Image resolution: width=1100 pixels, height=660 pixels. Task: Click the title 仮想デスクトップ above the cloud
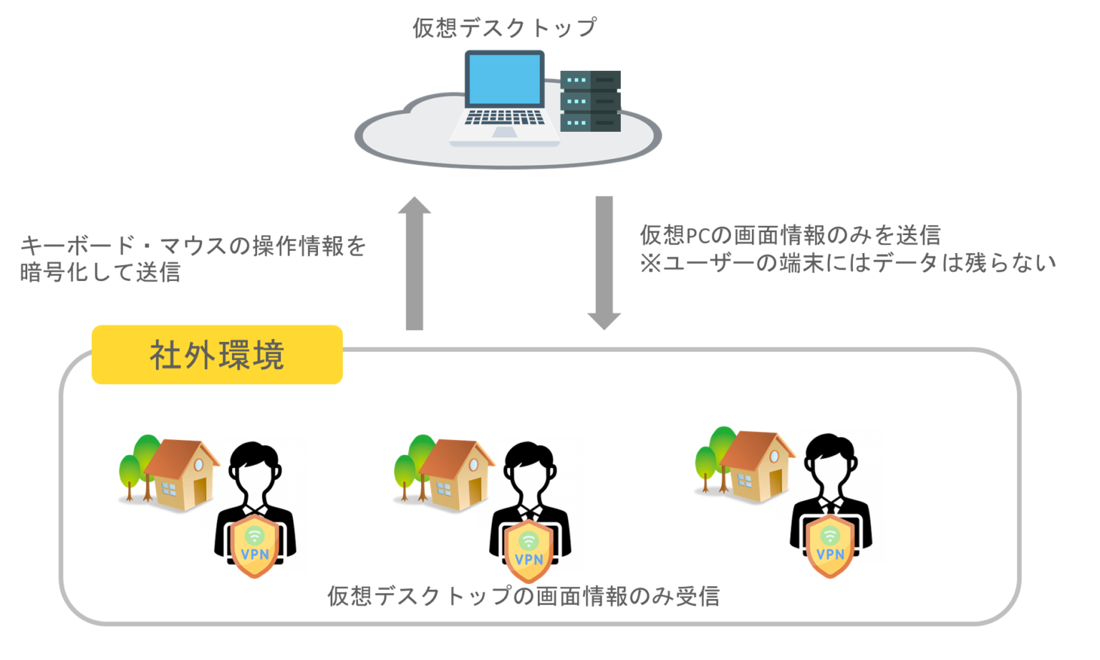click(504, 28)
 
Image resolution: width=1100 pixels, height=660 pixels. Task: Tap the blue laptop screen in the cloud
click(504, 78)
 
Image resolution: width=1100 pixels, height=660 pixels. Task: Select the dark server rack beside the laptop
click(590, 101)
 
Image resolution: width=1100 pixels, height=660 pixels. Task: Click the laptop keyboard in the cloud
click(504, 118)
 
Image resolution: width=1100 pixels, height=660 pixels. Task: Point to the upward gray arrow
click(414, 265)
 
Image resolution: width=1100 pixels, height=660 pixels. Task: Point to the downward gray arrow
click(604, 262)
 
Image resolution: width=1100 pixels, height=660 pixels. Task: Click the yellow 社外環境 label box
click(217, 355)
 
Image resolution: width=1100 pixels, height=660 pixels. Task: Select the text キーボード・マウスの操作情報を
click(193, 246)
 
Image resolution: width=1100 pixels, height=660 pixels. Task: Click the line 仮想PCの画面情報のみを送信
click(790, 235)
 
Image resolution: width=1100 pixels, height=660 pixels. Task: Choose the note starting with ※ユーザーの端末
click(848, 263)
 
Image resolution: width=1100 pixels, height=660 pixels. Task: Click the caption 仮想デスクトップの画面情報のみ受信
click(524, 596)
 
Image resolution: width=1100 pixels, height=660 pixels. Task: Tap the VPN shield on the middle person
click(529, 550)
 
